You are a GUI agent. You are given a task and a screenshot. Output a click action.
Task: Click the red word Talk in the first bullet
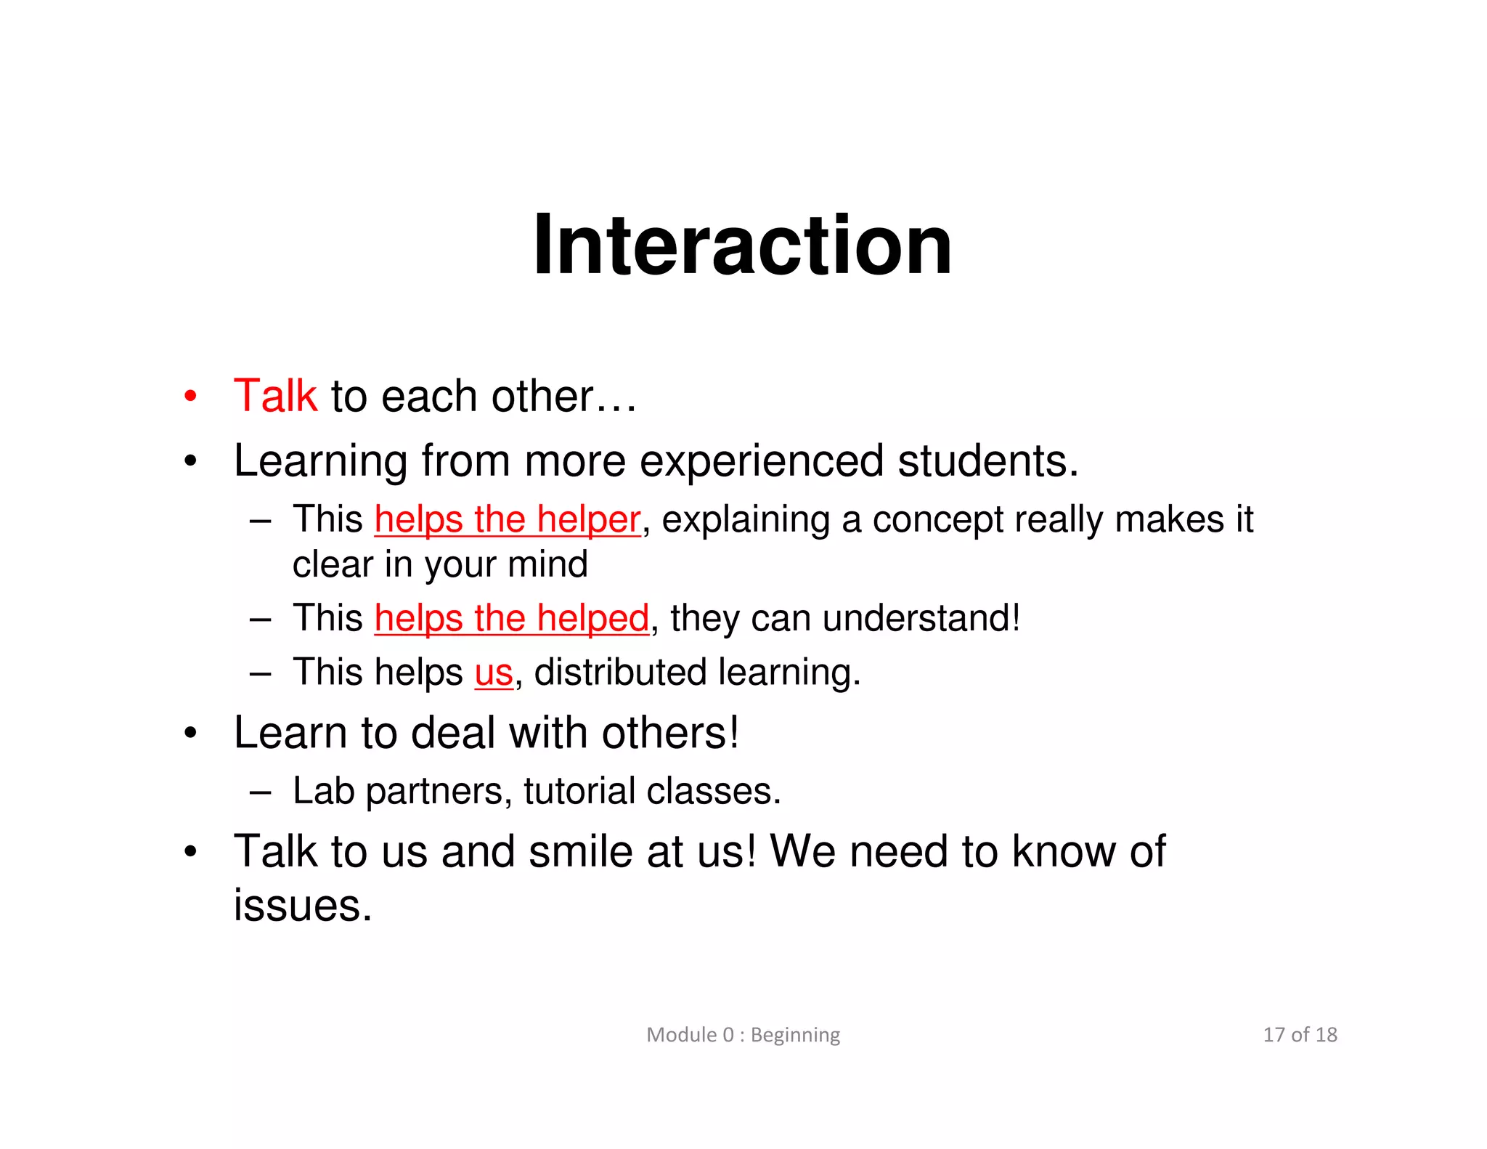[x=275, y=397]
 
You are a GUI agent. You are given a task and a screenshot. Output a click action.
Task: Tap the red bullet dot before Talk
[x=190, y=397]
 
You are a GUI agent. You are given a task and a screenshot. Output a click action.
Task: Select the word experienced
[x=762, y=462]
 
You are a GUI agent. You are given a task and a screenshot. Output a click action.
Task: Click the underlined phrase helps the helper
[x=508, y=520]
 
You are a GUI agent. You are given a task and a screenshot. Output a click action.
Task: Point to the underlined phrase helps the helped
[x=511, y=619]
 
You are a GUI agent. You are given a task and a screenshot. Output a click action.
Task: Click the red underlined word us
[x=494, y=673]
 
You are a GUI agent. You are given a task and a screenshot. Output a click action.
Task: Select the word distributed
[x=620, y=673]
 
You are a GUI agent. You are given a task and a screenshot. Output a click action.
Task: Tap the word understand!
[x=921, y=619]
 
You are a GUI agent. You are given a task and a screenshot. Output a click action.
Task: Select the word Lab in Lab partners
[x=324, y=791]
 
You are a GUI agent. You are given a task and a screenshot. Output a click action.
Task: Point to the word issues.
[x=303, y=906]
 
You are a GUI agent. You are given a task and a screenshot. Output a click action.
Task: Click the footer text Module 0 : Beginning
[x=743, y=1034]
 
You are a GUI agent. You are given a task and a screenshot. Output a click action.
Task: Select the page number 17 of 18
[x=1300, y=1034]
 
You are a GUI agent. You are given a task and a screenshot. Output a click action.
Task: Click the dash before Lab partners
[x=260, y=792]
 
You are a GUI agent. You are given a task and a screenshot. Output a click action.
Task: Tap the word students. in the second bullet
[x=988, y=462]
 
